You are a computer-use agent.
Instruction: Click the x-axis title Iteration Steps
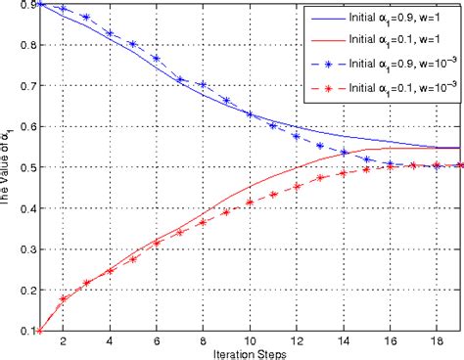tap(250, 352)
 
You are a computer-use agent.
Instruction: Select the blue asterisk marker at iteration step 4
tap(110, 33)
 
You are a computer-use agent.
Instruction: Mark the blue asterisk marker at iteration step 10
tap(250, 115)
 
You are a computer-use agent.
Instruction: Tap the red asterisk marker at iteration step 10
tap(250, 202)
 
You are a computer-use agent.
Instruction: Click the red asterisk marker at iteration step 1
tap(40, 331)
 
